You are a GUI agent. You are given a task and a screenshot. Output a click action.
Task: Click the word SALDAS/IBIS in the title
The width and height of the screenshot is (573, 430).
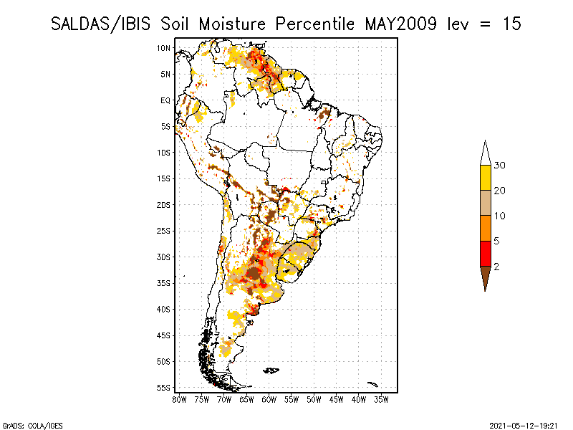(x=100, y=24)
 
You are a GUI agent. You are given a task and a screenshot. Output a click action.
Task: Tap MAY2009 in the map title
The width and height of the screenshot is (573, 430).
(x=400, y=24)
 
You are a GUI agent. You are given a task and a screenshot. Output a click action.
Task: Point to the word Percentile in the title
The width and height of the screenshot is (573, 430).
(x=314, y=24)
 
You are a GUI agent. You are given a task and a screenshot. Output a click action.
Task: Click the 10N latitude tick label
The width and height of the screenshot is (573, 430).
(x=164, y=48)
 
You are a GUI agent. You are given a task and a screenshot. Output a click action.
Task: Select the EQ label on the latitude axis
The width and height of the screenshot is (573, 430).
(x=165, y=100)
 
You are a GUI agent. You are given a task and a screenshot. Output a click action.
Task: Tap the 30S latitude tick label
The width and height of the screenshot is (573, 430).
(x=164, y=257)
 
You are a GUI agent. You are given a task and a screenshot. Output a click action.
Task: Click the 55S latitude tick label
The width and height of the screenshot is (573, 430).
(x=164, y=388)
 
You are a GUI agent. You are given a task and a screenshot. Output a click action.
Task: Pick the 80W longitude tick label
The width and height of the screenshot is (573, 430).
(x=179, y=400)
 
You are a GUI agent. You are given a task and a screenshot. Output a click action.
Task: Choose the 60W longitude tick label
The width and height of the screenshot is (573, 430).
(x=269, y=400)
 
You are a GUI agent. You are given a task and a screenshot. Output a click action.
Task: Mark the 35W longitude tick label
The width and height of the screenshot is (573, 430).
(x=381, y=400)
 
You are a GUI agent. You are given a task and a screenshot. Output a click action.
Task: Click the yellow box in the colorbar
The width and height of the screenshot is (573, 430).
(x=486, y=178)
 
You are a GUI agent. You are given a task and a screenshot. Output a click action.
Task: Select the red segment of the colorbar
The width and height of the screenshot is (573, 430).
(x=486, y=254)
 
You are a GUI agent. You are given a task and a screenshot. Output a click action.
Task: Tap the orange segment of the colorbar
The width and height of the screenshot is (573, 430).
(x=486, y=228)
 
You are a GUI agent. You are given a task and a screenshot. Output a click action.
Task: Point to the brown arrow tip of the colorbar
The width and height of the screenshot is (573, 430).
(x=486, y=291)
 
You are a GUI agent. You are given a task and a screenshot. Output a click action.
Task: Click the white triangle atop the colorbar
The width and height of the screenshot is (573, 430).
(x=486, y=153)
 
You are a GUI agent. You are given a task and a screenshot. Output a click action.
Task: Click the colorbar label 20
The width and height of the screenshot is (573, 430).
(x=499, y=191)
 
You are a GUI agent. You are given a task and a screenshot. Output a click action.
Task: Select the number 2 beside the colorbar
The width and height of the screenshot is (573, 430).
(x=496, y=267)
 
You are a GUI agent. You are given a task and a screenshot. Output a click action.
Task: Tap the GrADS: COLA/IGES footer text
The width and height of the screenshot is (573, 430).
(x=33, y=426)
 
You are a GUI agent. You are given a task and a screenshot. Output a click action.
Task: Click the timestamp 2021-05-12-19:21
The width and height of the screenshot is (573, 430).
(x=524, y=426)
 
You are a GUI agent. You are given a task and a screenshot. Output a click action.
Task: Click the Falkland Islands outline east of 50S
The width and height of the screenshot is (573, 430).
(x=271, y=371)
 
